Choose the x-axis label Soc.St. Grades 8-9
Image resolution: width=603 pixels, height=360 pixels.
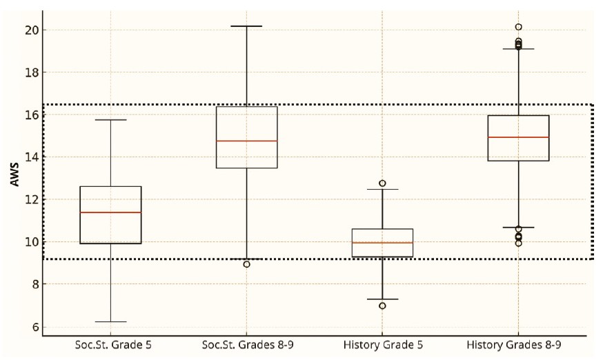[x=247, y=344]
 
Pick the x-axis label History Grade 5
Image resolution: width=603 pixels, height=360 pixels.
[x=382, y=344]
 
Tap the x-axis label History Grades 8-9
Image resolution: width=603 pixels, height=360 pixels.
[x=518, y=344]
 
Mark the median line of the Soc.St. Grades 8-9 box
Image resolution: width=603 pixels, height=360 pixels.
[x=247, y=141]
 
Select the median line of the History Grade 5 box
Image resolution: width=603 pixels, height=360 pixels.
[x=382, y=243]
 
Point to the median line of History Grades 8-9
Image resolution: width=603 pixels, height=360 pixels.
[x=518, y=137]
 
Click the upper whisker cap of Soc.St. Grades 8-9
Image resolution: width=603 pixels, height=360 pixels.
[x=247, y=26]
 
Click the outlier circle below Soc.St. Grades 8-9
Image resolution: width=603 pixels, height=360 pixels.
[x=247, y=264]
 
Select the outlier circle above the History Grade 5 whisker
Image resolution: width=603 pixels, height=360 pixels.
[x=382, y=183]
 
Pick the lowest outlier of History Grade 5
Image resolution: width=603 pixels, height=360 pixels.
[x=382, y=306]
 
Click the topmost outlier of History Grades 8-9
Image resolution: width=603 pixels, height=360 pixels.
[x=518, y=28]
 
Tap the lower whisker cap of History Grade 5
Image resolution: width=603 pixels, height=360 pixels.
[x=382, y=299]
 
